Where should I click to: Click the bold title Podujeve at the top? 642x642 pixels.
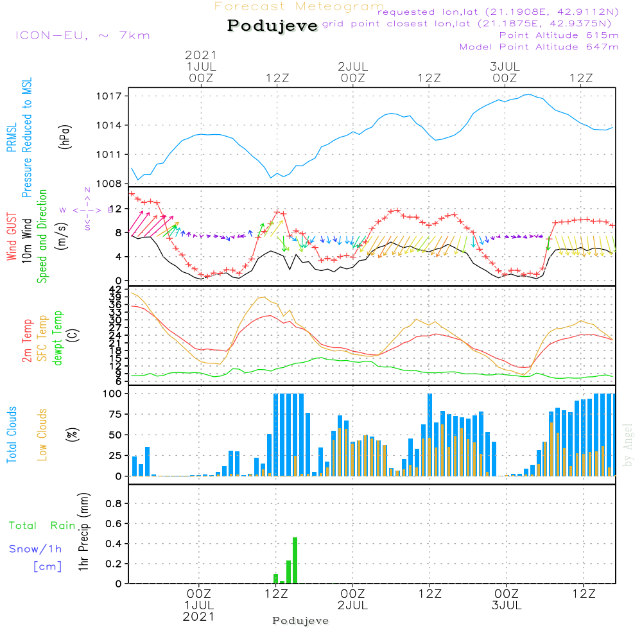click(x=272, y=26)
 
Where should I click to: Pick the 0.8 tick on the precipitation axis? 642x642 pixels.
click(x=114, y=504)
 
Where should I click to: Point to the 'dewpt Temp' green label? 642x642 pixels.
click(x=58, y=338)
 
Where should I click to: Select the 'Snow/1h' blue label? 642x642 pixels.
click(x=36, y=549)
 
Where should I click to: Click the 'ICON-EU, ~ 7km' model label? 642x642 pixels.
click(x=82, y=35)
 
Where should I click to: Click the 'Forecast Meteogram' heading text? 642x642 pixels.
click(x=299, y=6)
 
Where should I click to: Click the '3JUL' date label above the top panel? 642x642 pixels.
click(x=505, y=67)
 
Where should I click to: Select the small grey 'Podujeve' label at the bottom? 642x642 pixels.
click(x=300, y=621)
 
